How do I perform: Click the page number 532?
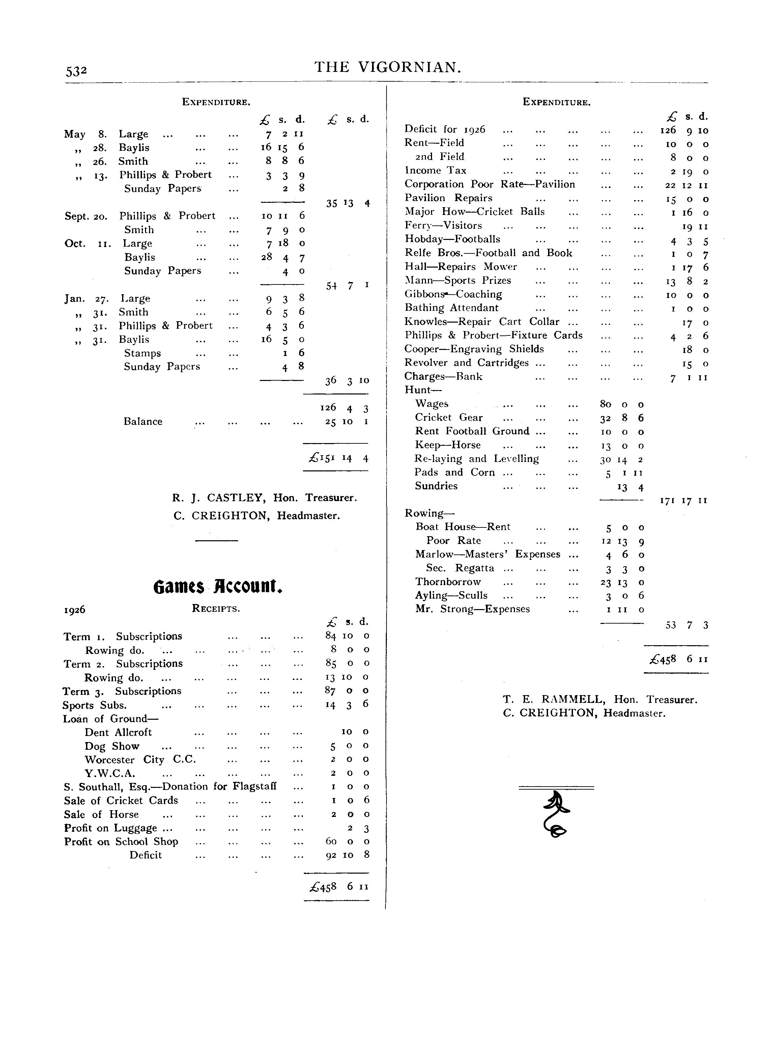[x=76, y=71]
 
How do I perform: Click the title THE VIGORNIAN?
[x=388, y=67]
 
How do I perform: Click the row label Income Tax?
[x=435, y=171]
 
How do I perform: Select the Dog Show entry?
[x=112, y=746]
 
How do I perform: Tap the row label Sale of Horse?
[x=101, y=815]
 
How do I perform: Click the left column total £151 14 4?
[x=338, y=458]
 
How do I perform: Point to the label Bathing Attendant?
[x=451, y=308]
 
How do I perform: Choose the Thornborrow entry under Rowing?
[x=448, y=582]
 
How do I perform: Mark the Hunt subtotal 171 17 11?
[x=684, y=500]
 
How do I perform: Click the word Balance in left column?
[x=143, y=421]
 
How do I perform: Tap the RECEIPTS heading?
[x=216, y=609]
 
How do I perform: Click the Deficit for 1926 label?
[x=445, y=129]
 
